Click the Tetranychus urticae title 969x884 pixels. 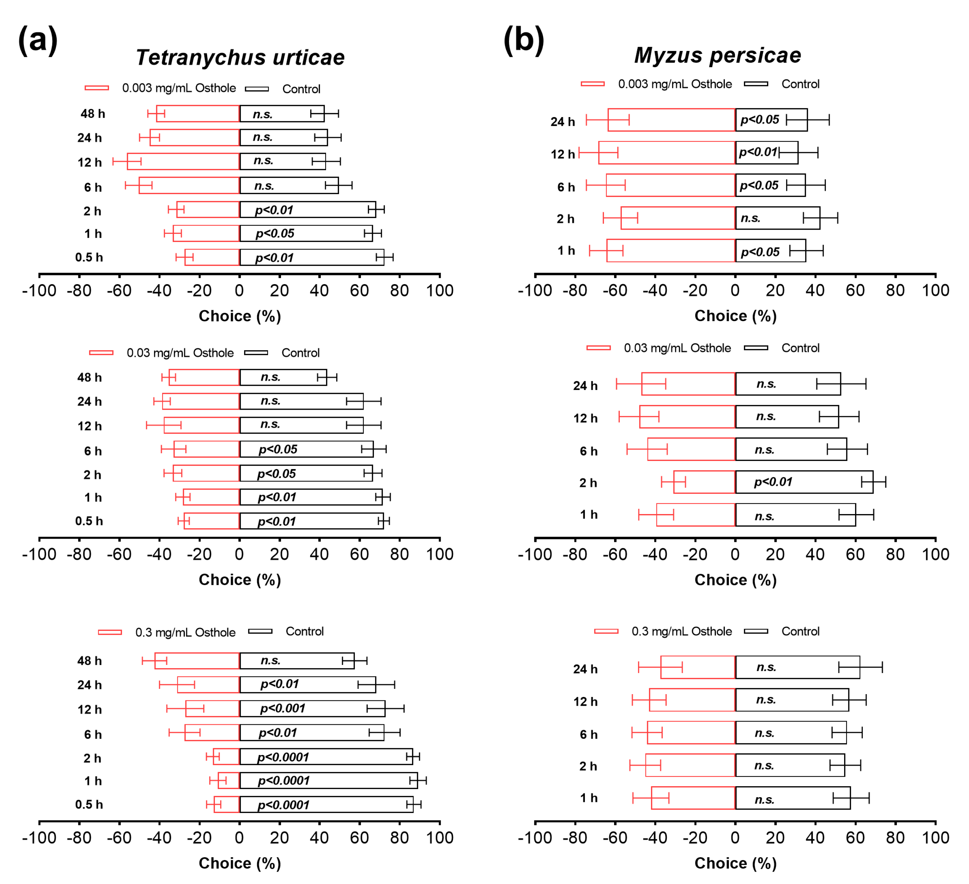(x=240, y=58)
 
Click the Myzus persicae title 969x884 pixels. (x=718, y=55)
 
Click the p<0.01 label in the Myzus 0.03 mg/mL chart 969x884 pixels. (x=773, y=481)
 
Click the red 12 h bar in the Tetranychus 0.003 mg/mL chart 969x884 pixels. (x=183, y=161)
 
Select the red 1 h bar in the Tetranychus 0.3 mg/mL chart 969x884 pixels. (x=229, y=780)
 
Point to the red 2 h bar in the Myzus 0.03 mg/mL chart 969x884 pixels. (x=704, y=482)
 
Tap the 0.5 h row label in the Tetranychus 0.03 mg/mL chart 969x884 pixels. (x=89, y=521)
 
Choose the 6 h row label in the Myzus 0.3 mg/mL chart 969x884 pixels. (x=588, y=734)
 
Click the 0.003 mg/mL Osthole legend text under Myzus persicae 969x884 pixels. (x=675, y=84)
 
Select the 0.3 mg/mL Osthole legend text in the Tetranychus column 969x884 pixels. (x=185, y=632)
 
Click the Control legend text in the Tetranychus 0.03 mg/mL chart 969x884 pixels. (x=300, y=353)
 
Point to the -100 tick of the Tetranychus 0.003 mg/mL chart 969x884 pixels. (x=39, y=290)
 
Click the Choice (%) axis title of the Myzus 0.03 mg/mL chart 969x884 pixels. (x=735, y=580)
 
